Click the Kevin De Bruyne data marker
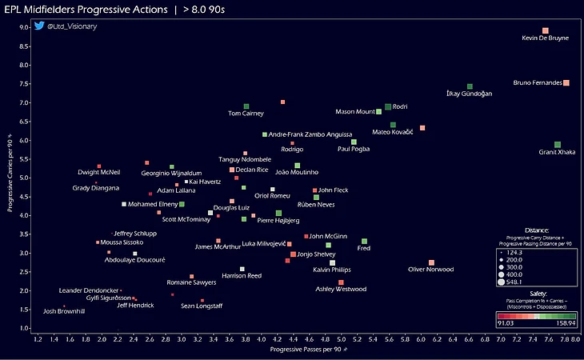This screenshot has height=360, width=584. [545, 30]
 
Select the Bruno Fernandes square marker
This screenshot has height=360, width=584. [566, 82]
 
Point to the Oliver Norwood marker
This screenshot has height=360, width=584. [431, 262]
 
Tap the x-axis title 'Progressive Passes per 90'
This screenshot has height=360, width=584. [306, 350]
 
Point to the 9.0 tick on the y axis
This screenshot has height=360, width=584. [24, 27]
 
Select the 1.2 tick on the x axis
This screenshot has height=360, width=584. [37, 340]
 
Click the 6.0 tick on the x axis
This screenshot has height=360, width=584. [421, 340]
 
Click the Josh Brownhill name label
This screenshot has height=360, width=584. [64, 311]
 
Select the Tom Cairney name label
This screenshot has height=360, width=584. [246, 114]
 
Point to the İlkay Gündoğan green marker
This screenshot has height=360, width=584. [470, 86]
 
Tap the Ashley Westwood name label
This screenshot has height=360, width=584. [341, 289]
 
